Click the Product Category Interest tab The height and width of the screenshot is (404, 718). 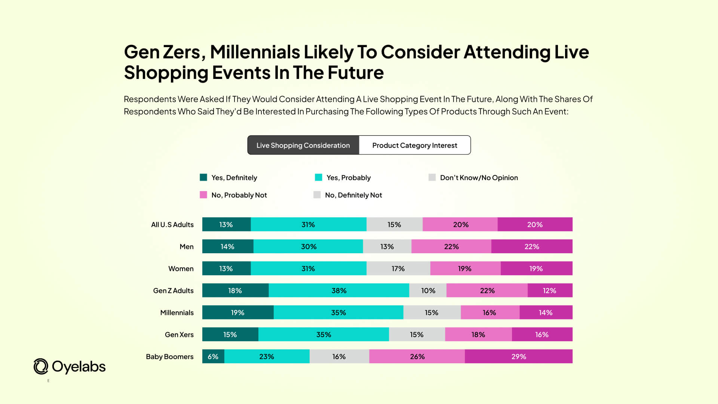(414, 145)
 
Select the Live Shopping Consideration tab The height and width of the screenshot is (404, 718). (303, 145)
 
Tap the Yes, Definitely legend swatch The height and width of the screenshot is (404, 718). (203, 177)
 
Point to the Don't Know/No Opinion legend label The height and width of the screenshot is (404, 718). (479, 178)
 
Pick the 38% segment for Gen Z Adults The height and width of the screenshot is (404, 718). (339, 291)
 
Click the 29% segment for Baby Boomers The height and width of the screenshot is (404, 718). (518, 356)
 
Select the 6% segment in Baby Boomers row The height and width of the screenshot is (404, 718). (213, 356)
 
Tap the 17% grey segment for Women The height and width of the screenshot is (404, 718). (398, 269)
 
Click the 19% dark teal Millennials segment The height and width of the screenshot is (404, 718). (237, 312)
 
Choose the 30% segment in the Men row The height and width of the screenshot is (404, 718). (308, 247)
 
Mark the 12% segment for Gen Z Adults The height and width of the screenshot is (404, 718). (549, 291)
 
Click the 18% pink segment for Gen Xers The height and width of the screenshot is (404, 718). (478, 334)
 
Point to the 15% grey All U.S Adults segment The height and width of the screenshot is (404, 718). (394, 224)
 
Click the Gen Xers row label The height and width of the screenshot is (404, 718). (179, 335)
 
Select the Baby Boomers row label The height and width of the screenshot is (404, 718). (169, 356)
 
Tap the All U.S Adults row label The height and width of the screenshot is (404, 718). (172, 224)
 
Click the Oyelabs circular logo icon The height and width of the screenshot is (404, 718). (41, 367)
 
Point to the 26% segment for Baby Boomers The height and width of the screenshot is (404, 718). (417, 356)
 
